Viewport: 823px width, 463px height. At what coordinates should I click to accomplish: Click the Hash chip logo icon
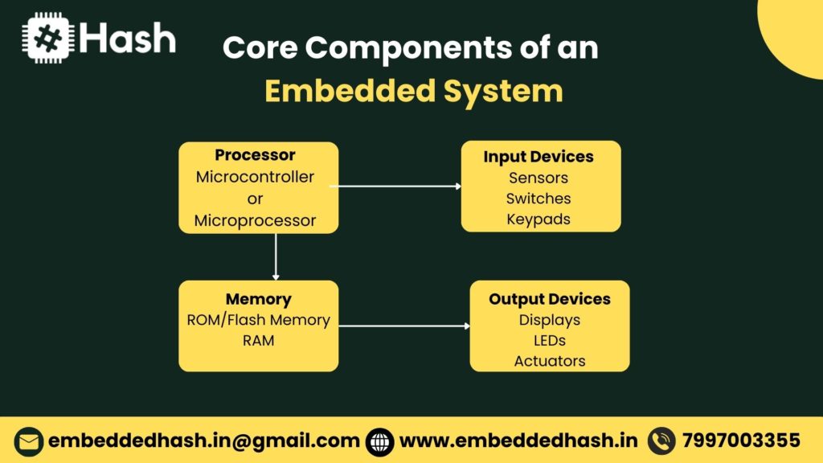pyautogui.click(x=49, y=39)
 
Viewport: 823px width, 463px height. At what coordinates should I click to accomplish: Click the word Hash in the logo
pyautogui.click(x=128, y=39)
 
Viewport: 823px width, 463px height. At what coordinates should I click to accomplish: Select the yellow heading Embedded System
pyautogui.click(x=413, y=91)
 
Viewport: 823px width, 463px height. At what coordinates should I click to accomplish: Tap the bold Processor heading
pyautogui.click(x=256, y=155)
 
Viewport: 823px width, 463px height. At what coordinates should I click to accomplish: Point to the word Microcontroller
pyautogui.click(x=256, y=177)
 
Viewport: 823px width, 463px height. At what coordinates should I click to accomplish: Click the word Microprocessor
pyautogui.click(x=256, y=220)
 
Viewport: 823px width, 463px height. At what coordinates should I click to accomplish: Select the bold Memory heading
pyautogui.click(x=258, y=299)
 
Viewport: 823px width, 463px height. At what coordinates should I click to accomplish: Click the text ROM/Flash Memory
pyautogui.click(x=258, y=320)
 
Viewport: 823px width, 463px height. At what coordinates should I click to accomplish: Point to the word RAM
pyautogui.click(x=258, y=341)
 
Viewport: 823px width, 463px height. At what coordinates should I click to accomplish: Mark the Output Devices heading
pyautogui.click(x=550, y=299)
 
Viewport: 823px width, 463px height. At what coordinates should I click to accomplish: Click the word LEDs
pyautogui.click(x=550, y=341)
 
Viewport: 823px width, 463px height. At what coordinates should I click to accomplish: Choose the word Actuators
pyautogui.click(x=550, y=362)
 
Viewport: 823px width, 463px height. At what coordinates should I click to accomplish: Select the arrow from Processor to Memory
pyautogui.click(x=276, y=256)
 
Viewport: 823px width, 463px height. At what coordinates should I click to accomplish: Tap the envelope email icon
pyautogui.click(x=29, y=441)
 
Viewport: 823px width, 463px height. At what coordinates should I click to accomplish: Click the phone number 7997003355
pyautogui.click(x=741, y=440)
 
